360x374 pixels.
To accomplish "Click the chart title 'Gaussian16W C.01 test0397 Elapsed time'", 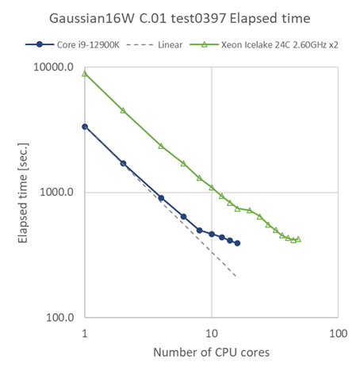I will (x=181, y=17).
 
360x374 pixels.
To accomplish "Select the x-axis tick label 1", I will (x=84, y=333).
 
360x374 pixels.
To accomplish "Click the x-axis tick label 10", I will (x=211, y=333).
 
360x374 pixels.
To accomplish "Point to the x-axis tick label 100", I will (x=337, y=333).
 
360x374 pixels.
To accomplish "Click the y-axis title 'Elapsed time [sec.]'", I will (x=23, y=193).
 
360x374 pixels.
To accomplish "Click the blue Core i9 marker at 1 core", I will (x=85, y=126).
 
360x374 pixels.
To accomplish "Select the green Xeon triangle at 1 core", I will (x=85, y=74).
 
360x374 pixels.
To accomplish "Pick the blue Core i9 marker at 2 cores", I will (x=123, y=163).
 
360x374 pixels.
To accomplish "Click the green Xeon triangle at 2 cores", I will (x=123, y=110).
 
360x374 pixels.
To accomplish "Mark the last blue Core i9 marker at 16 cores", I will (x=237, y=243).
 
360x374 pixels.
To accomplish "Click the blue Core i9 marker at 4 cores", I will (x=161, y=198).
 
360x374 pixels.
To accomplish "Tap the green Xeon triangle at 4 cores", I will (x=161, y=146).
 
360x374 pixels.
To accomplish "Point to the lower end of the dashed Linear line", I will (x=236, y=277).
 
